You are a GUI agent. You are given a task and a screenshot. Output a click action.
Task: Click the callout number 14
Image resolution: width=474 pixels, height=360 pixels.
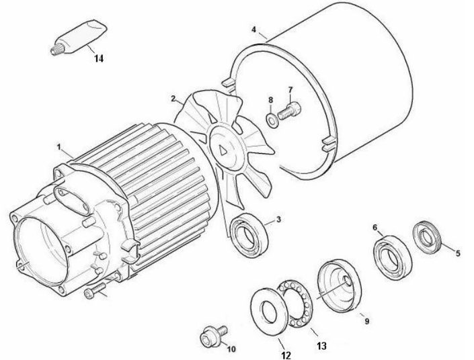point(99,58)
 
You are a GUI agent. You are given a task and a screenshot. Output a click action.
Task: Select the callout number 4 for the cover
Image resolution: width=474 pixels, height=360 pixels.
point(253,30)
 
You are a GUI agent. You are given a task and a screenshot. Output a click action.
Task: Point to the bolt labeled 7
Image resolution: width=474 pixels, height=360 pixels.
point(289,111)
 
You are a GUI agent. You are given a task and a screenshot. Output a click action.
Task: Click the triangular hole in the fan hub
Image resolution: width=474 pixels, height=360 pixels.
point(224,150)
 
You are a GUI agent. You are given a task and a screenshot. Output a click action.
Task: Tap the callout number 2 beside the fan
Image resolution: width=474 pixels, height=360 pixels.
point(173,99)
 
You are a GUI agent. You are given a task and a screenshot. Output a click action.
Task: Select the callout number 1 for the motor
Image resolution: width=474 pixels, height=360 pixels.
point(59,147)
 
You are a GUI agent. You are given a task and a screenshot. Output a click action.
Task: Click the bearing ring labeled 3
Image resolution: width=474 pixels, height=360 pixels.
point(249,235)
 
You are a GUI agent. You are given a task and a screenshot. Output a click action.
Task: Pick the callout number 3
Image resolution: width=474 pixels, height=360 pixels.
point(278,219)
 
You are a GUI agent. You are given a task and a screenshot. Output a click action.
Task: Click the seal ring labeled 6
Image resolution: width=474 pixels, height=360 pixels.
point(392,257)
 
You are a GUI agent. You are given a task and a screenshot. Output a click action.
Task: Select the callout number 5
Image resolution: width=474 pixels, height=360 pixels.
point(458,253)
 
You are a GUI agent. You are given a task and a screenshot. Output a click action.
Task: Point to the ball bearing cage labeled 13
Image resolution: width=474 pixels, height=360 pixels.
point(294,303)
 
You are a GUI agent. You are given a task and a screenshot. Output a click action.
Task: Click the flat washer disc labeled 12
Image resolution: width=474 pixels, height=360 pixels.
point(270,311)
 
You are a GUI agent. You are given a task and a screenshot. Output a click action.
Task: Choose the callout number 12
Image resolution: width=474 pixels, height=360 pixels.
point(286,356)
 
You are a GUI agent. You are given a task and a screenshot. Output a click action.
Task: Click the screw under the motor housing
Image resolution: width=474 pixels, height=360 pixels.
point(95,291)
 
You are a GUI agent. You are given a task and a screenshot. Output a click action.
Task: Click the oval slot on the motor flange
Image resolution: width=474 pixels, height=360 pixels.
point(72,200)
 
